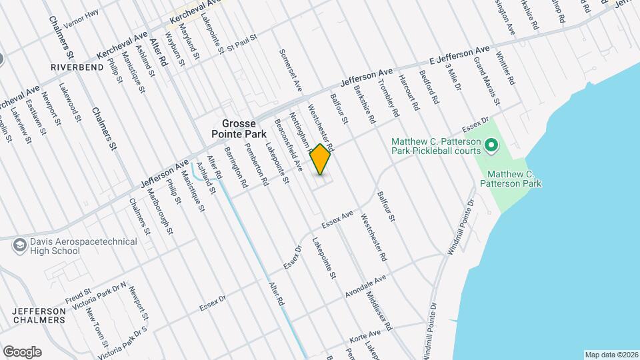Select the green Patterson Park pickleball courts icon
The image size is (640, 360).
pyautogui.click(x=491, y=145)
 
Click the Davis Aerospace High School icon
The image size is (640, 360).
pyautogui.click(x=19, y=245)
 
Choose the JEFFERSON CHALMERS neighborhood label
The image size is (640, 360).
pyautogui.click(x=39, y=315)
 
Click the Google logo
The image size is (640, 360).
pyautogui.click(x=22, y=352)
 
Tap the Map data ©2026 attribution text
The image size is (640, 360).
pyautogui.click(x=611, y=355)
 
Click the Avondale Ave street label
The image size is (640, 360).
pyautogui.click(x=366, y=286)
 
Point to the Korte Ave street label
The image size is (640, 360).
pyautogui.click(x=365, y=339)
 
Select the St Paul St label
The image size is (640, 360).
pyautogui.click(x=242, y=44)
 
